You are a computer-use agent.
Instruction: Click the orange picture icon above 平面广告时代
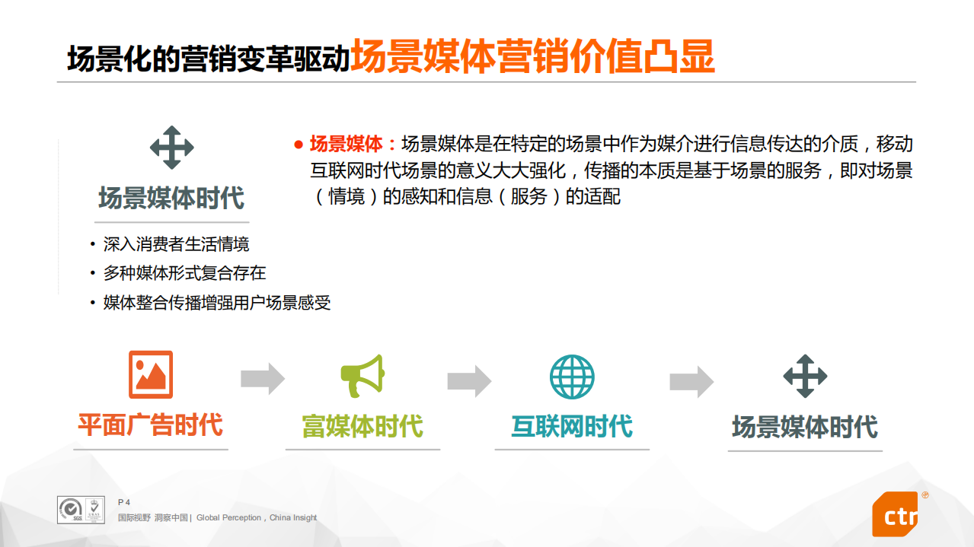click(151, 374)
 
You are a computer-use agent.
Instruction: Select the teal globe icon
click(572, 377)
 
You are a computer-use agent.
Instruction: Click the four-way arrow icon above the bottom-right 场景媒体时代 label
click(805, 376)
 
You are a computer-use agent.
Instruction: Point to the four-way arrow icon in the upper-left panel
click(171, 148)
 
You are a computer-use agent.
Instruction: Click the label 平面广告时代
click(150, 425)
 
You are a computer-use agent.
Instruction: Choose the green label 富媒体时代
click(362, 426)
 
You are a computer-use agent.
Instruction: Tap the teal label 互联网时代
click(572, 426)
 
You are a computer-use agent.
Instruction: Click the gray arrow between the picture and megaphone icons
click(263, 378)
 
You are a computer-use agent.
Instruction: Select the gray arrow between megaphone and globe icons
click(469, 380)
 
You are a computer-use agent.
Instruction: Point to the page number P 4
click(124, 502)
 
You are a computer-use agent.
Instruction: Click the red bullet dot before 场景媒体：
click(299, 145)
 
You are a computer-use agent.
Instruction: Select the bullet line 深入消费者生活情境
click(176, 244)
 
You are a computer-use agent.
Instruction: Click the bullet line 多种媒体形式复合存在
click(184, 273)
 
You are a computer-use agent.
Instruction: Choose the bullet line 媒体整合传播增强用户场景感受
click(217, 303)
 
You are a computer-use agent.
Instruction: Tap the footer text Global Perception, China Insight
click(257, 518)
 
